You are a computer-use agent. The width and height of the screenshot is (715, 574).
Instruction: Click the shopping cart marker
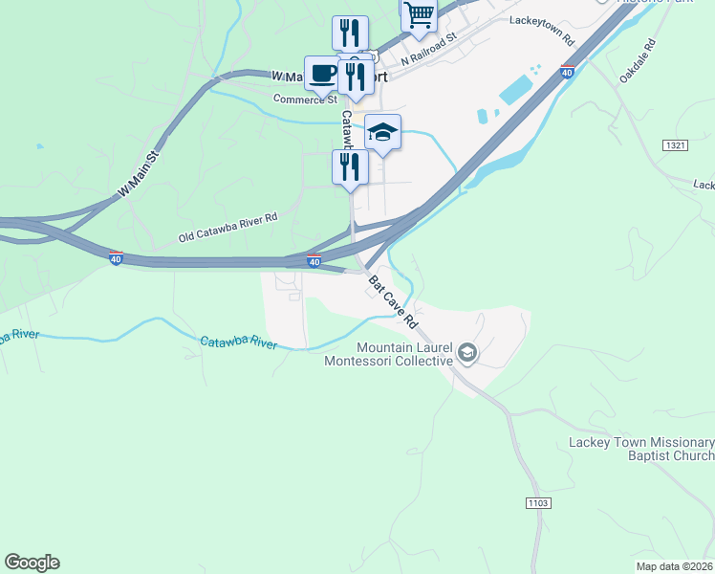coord(419,15)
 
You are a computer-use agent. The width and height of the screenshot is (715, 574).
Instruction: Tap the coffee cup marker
coord(322,73)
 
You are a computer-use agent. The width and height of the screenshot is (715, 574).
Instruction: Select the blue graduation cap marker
coord(382,133)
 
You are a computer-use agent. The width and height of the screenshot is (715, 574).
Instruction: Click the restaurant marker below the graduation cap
coord(350,166)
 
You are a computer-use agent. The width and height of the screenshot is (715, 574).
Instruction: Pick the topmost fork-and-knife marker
coord(350,33)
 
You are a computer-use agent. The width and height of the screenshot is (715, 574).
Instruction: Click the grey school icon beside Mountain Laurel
coord(466,354)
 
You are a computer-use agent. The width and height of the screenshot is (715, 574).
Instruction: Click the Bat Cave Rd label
coord(394,299)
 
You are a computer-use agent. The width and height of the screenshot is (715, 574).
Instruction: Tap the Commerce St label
coord(305,99)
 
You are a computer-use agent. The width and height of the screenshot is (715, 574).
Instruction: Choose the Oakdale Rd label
coord(639,59)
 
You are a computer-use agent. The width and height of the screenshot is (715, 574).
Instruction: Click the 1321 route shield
coord(674,143)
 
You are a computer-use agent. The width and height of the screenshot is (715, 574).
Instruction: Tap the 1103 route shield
coord(537,502)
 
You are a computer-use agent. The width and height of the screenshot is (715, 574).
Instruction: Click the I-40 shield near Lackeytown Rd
coord(567,72)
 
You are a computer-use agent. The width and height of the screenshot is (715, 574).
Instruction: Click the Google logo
coord(32,563)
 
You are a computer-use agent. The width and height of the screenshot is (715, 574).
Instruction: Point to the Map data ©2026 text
coord(675,566)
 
